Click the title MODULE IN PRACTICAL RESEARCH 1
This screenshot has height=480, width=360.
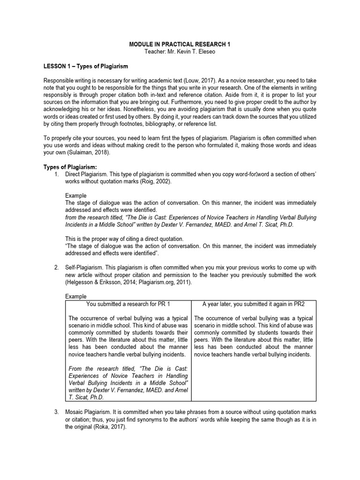pos(180,44)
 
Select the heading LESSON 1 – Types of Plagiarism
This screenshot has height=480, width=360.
pos(85,66)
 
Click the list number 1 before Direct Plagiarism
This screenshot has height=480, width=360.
pos(56,174)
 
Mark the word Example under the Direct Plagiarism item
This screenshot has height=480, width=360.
pos(75,195)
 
